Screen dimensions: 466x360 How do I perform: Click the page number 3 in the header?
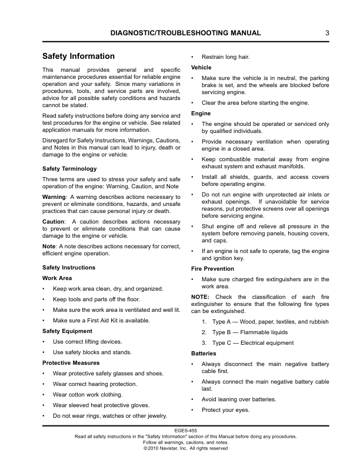[x=326, y=33]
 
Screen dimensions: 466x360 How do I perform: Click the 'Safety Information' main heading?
[x=79, y=56]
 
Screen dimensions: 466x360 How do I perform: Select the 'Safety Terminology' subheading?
[x=70, y=168]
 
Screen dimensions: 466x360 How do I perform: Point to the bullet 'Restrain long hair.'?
[x=225, y=57]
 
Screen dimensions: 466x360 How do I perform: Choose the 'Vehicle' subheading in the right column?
[x=201, y=68]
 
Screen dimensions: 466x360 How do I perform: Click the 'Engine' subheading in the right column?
[x=201, y=113]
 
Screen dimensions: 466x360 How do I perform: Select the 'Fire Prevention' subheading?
[x=212, y=268]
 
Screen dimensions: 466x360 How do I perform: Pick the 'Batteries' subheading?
[x=204, y=354]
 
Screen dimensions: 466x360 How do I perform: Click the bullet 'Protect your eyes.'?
[x=225, y=410]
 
